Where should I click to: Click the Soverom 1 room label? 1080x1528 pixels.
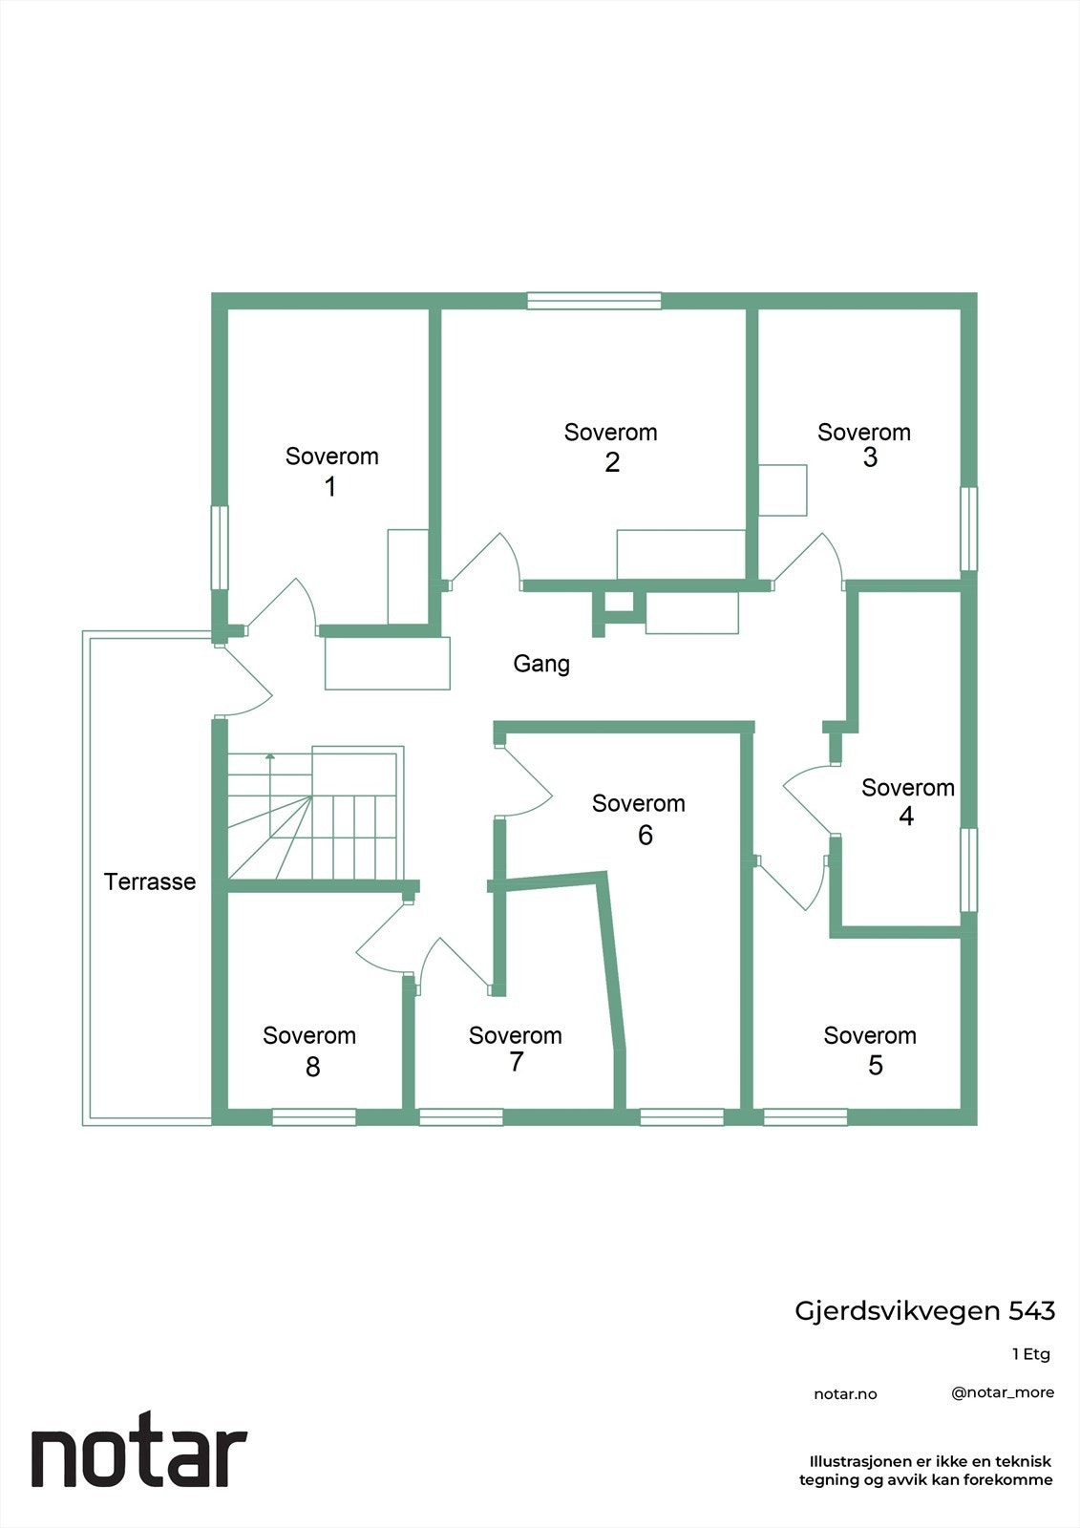(x=331, y=471)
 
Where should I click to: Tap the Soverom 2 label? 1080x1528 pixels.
(x=610, y=447)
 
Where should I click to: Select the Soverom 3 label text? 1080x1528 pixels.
(x=864, y=444)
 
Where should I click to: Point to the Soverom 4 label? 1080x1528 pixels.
(x=907, y=801)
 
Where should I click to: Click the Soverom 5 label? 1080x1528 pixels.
(x=870, y=1050)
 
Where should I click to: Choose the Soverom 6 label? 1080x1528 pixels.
(x=639, y=818)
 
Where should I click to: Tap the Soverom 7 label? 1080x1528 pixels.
(x=515, y=1049)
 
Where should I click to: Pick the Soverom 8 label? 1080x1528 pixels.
(x=309, y=1050)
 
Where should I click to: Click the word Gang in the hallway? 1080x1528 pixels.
(x=541, y=663)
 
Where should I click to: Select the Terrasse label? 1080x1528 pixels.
(x=150, y=881)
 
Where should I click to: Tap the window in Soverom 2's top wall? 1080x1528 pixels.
(x=594, y=301)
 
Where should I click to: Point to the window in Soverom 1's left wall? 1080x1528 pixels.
(x=220, y=547)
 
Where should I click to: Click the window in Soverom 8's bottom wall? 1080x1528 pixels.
(x=314, y=1116)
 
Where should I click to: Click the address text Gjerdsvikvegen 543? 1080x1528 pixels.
(x=924, y=1311)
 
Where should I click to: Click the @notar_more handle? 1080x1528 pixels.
(x=1003, y=1392)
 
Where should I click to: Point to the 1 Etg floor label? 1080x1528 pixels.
(x=1030, y=1354)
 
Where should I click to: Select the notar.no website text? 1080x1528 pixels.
(x=845, y=1394)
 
